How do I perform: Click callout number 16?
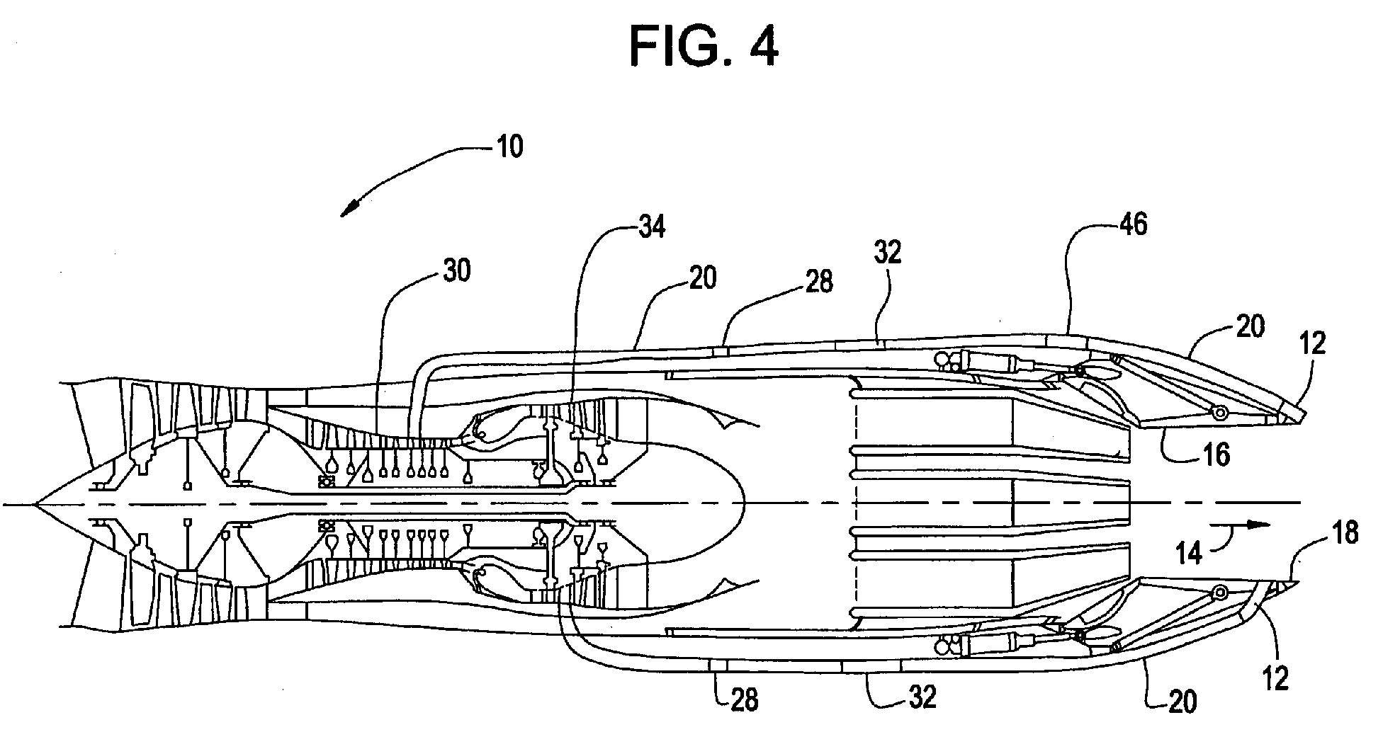click(x=1216, y=455)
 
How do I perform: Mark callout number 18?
click(x=1344, y=533)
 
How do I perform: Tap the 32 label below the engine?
click(x=921, y=697)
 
